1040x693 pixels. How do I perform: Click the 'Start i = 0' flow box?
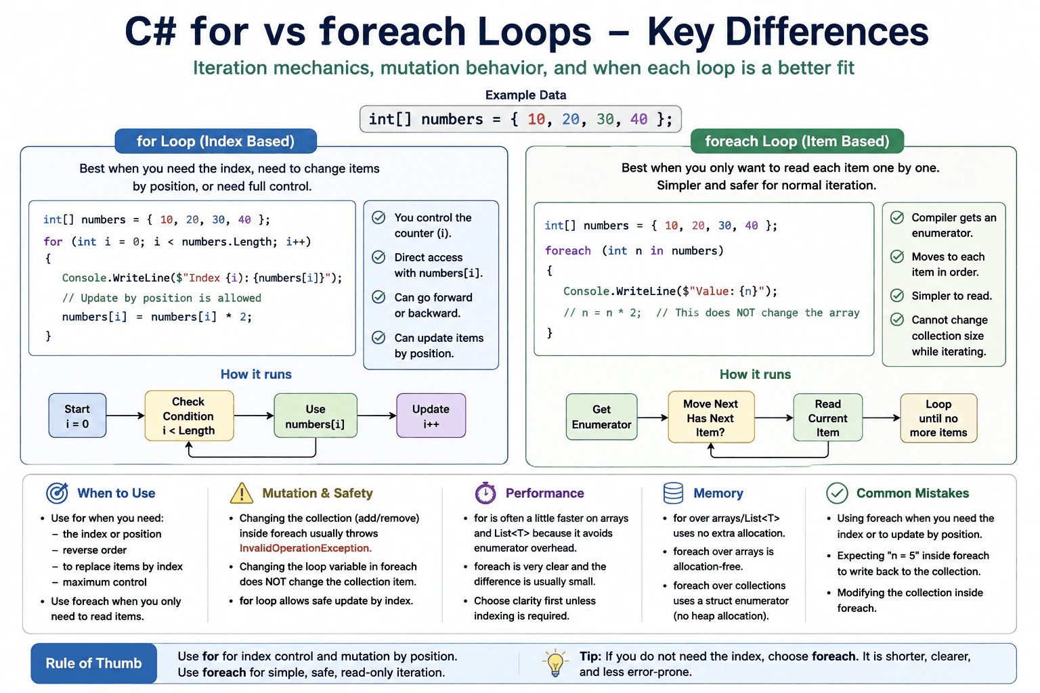(78, 416)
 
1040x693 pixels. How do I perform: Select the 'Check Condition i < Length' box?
(189, 416)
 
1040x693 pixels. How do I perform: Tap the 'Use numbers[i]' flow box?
(316, 416)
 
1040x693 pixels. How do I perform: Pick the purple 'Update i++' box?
(431, 416)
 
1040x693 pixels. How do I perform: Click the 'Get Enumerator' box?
(601, 417)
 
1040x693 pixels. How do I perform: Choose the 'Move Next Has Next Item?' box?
(711, 417)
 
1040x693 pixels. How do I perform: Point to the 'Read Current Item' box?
(828, 418)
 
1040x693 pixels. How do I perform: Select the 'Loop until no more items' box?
(938, 418)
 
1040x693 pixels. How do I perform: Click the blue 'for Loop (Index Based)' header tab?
(216, 141)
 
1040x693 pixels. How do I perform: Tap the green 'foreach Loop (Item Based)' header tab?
(797, 141)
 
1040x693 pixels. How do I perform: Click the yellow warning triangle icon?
(242, 493)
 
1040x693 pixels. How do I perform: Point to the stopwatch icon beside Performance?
(485, 493)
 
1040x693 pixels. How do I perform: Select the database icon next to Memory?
(673, 493)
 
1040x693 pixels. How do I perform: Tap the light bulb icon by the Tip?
(555, 663)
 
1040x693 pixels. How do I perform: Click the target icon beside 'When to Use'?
(57, 493)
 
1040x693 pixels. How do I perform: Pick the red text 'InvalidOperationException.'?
(305, 548)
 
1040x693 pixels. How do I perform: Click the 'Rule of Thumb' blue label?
(94, 663)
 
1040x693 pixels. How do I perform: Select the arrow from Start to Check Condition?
(125, 416)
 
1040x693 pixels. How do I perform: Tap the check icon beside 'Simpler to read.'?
(897, 296)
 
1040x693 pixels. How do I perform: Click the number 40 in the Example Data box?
(639, 119)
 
